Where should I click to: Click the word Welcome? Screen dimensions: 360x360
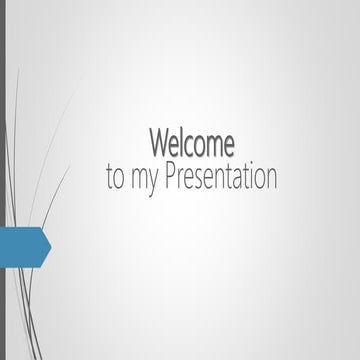click(x=192, y=142)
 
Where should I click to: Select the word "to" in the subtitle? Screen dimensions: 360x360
click(x=115, y=179)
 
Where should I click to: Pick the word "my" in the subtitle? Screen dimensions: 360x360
click(x=142, y=181)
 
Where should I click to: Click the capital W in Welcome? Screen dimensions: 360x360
click(x=159, y=142)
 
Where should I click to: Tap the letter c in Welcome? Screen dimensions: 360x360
click(x=190, y=144)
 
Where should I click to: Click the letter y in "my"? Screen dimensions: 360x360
click(x=151, y=183)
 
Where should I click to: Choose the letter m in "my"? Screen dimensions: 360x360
click(x=138, y=180)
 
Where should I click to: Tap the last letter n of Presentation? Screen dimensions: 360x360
click(x=270, y=180)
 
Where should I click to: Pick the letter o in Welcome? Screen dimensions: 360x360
click(x=201, y=144)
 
